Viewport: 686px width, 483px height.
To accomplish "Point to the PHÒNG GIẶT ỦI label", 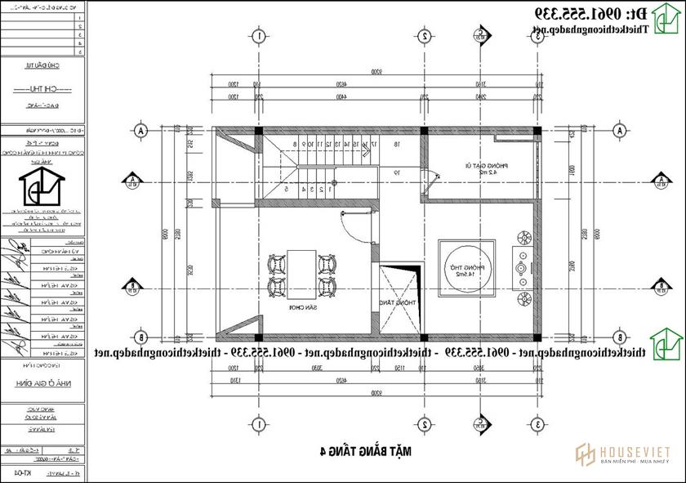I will [x=491, y=168].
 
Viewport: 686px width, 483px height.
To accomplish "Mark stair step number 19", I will [x=397, y=172].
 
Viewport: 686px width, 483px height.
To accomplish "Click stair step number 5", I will [x=287, y=189].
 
